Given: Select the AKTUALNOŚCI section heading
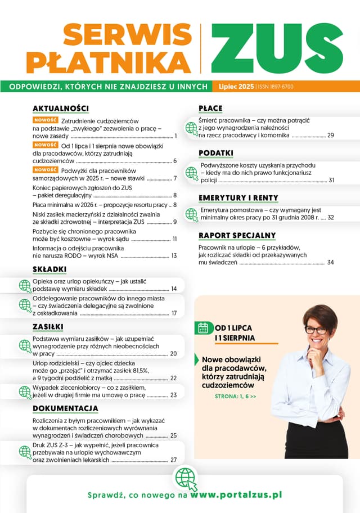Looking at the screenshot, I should click(x=61, y=108).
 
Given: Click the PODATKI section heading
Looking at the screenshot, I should click(x=216, y=153).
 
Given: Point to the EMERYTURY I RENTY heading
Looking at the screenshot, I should click(x=238, y=198).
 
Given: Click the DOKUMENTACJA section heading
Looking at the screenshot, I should click(x=66, y=408).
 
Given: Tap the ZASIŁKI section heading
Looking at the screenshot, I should click(x=48, y=327).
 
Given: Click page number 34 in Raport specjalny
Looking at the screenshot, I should click(x=331, y=263).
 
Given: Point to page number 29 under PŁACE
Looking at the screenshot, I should click(x=331, y=136).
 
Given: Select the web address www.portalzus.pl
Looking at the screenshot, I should click(x=236, y=496).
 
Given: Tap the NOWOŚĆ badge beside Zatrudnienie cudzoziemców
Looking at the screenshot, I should click(x=46, y=120).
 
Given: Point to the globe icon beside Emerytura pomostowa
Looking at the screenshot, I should click(x=191, y=213).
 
